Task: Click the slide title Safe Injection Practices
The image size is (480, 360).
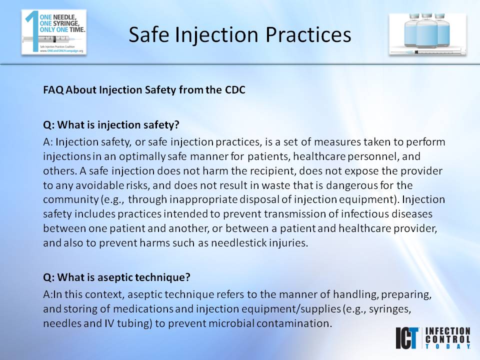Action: [239, 34]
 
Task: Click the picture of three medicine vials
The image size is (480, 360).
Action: [427, 33]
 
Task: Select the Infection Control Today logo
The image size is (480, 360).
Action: [432, 338]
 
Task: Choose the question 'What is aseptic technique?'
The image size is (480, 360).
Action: [117, 276]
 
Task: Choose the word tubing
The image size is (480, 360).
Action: [132, 323]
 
